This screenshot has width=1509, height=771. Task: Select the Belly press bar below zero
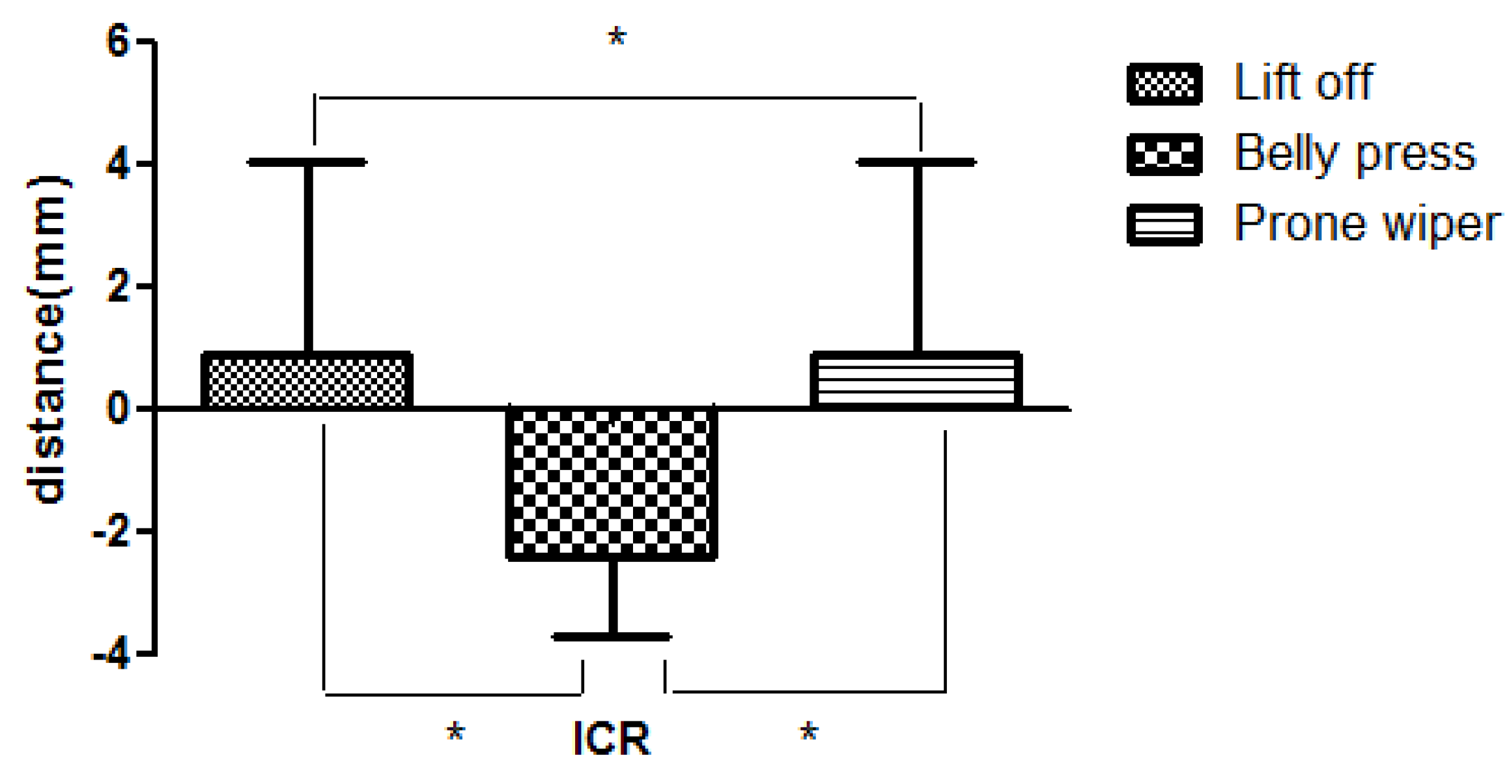[612, 483]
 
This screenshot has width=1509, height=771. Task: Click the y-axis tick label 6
[118, 42]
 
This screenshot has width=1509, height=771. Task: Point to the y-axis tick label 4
[118, 164]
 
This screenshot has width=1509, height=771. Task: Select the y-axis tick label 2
[118, 286]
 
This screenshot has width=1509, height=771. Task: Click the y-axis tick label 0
[118, 409]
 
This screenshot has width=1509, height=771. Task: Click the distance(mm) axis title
[47, 339]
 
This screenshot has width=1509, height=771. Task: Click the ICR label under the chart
[611, 738]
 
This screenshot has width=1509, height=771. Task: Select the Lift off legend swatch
[1164, 84]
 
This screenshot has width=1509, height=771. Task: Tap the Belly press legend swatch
[1164, 154]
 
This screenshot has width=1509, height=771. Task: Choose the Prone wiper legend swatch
[1164, 225]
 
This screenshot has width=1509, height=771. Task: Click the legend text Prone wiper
[1367, 224]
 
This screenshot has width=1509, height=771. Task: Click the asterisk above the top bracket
[617, 38]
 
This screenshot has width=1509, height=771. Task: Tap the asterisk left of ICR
[455, 733]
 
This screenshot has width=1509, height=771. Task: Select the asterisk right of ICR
[808, 733]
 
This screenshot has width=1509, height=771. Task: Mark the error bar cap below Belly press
[612, 636]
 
